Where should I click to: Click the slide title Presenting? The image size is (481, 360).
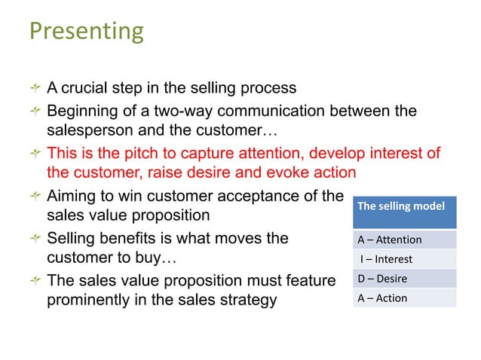pyautogui.click(x=86, y=32)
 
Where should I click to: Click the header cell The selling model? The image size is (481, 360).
pyautogui.click(x=406, y=206)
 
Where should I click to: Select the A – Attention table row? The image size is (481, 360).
pyautogui.click(x=406, y=239)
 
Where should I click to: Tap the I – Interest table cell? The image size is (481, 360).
pyautogui.click(x=406, y=259)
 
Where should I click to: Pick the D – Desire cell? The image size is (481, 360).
pyautogui.click(x=406, y=279)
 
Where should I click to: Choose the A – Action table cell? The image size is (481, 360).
pyautogui.click(x=406, y=297)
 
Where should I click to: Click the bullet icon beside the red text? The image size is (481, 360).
pyautogui.click(x=33, y=154)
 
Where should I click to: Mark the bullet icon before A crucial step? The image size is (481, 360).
pyautogui.click(x=33, y=89)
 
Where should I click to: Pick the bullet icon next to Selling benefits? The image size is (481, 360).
pyautogui.click(x=33, y=239)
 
